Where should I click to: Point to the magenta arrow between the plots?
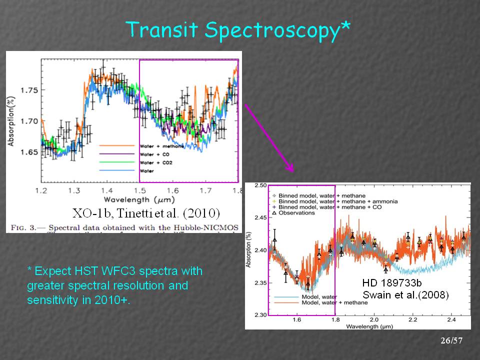click(x=268, y=137)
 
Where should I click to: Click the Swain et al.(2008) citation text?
click(x=405, y=295)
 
